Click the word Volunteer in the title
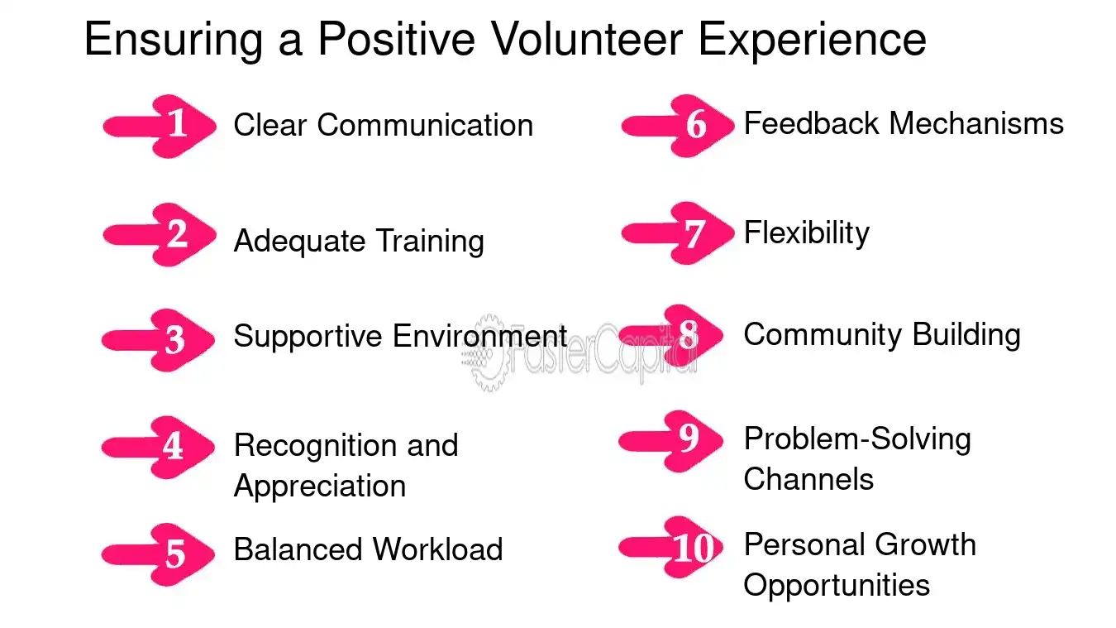pos(587,39)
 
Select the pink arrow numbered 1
pos(160,127)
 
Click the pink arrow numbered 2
pos(160,234)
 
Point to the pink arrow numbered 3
pos(158,340)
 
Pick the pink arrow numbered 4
pos(158,448)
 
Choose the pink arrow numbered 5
pos(158,554)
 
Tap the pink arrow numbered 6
pos(678,126)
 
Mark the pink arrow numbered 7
pos(678,233)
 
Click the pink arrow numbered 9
pos(670,441)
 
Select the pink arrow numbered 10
pos(670,547)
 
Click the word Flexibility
pos(807,233)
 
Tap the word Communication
pos(425,125)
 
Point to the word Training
pos(430,242)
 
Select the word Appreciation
pos(320,487)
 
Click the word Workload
pos(438,549)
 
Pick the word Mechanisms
pos(976,124)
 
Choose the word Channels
pos(808,479)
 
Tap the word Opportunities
pos(837,585)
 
